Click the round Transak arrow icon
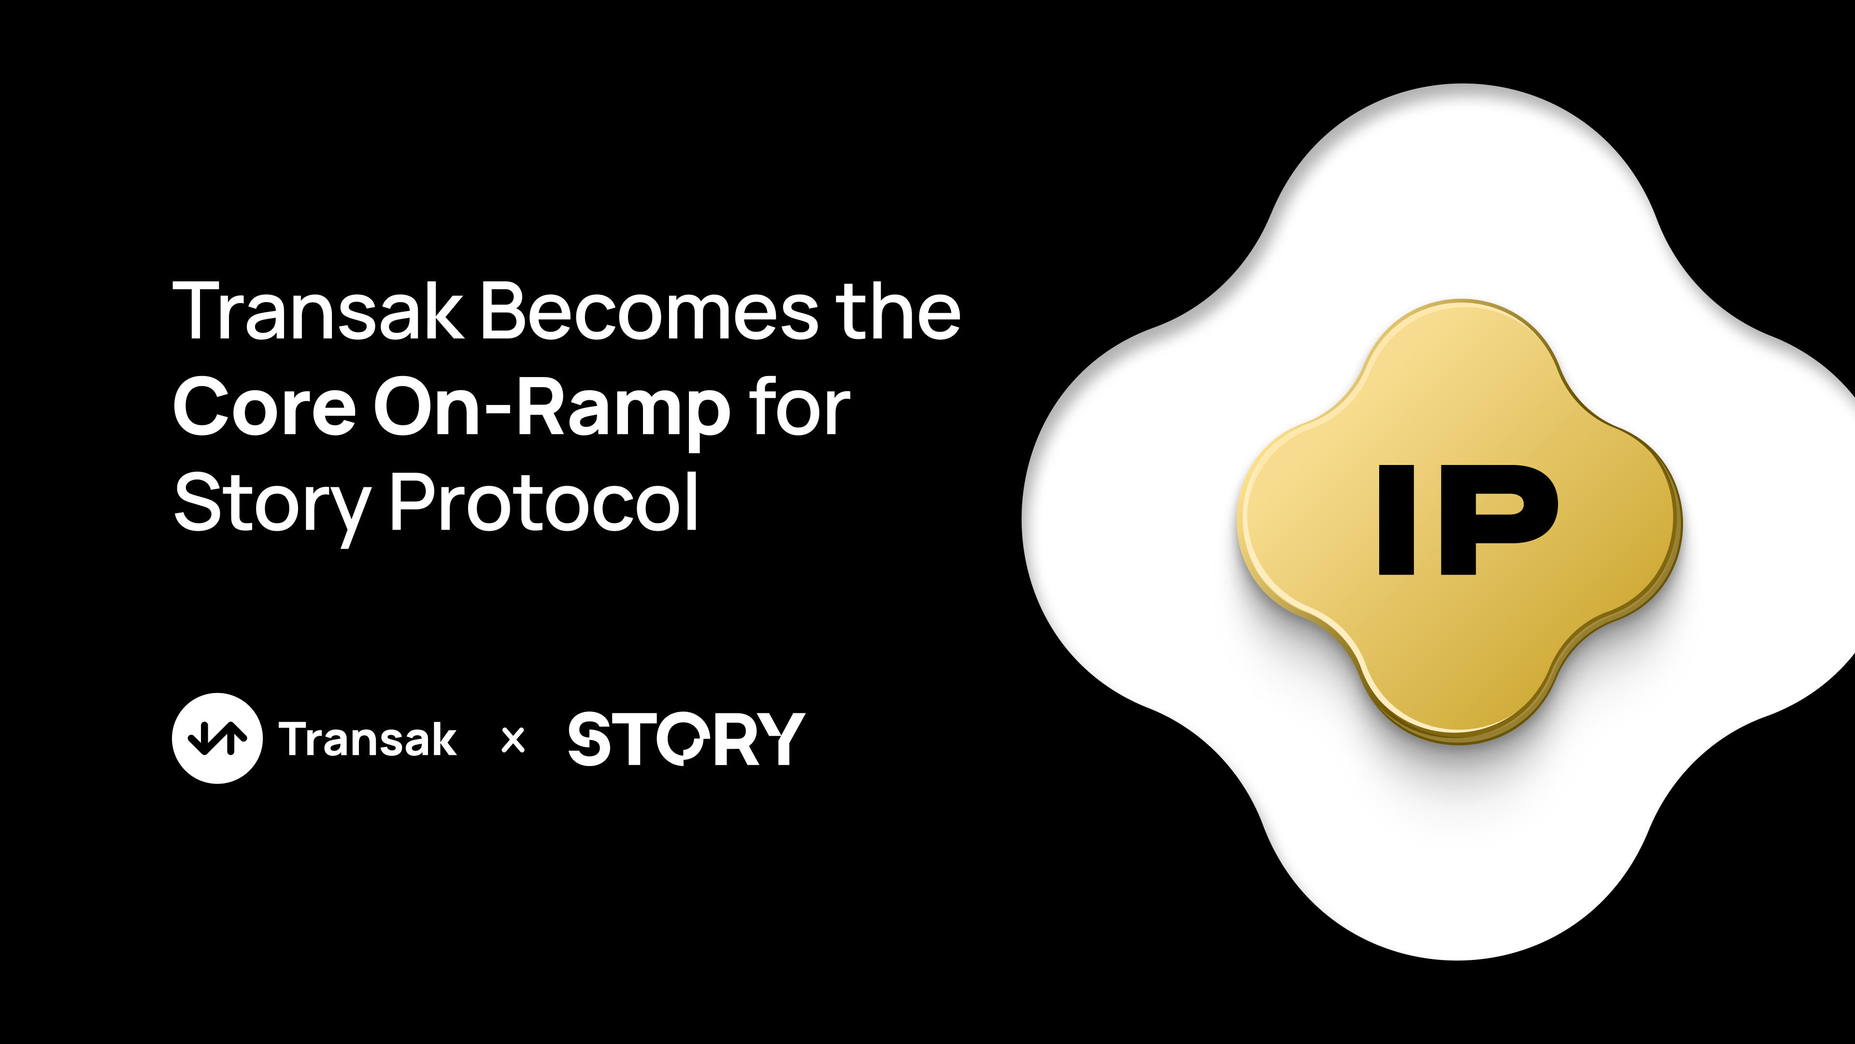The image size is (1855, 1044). tap(217, 738)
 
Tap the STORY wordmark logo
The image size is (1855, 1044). tap(686, 739)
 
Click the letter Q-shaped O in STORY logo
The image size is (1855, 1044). tap(683, 739)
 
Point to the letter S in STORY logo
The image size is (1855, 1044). tap(589, 739)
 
